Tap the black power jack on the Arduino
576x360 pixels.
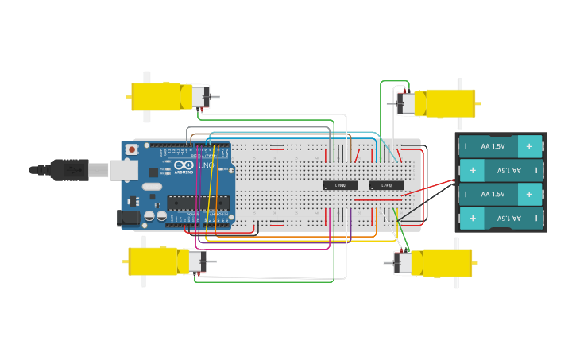(127, 217)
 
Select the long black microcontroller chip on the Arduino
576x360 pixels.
(198, 203)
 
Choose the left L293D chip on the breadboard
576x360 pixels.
(340, 185)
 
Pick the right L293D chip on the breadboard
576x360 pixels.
(386, 185)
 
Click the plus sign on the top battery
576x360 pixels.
(528, 146)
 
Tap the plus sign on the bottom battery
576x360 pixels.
(472, 218)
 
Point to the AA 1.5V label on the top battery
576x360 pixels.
(493, 146)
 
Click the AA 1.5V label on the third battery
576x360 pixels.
(493, 194)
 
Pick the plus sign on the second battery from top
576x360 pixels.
(472, 170)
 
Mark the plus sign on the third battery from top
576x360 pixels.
(528, 194)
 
